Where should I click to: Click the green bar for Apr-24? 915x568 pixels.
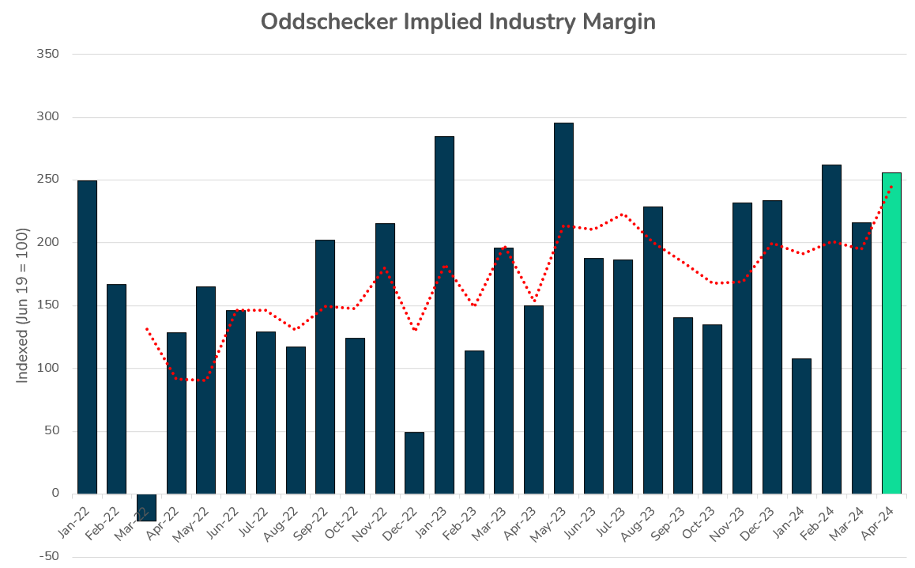[891, 332]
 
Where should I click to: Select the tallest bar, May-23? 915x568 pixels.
[563, 309]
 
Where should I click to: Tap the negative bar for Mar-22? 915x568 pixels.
[146, 507]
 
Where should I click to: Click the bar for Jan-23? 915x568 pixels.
[444, 315]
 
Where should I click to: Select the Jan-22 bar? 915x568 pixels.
[87, 337]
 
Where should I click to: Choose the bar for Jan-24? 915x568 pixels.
[801, 426]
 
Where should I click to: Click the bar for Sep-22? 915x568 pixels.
[325, 367]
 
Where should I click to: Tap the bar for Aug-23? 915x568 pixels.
[653, 350]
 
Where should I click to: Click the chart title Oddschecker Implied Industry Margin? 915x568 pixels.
[457, 22]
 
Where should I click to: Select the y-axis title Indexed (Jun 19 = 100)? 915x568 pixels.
[23, 305]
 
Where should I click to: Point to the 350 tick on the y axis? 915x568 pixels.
[48, 55]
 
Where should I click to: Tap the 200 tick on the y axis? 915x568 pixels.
[48, 243]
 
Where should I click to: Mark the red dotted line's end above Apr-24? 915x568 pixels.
[891, 186]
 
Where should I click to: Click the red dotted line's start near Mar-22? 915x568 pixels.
[147, 328]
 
